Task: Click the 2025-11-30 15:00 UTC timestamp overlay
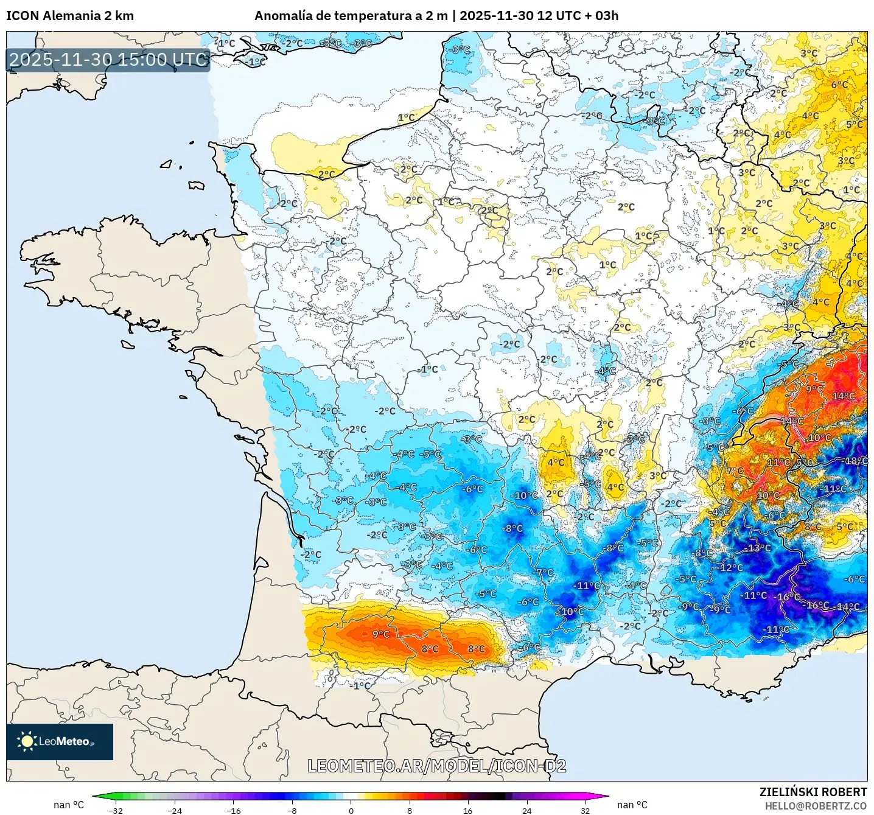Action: tap(108, 60)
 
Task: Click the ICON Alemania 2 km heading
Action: tap(70, 16)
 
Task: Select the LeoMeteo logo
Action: tap(60, 741)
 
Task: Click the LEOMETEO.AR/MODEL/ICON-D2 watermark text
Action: tap(437, 766)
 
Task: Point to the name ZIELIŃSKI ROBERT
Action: tap(813, 792)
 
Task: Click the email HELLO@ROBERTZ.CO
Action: tap(816, 806)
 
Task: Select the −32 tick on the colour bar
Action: tap(116, 810)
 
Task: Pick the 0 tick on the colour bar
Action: tap(351, 810)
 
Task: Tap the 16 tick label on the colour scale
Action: tap(467, 810)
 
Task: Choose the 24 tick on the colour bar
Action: tap(526, 810)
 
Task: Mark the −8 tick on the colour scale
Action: tap(292, 810)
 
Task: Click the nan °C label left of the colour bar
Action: tap(69, 805)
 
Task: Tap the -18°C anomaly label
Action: tap(855, 461)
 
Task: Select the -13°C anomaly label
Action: tap(758, 548)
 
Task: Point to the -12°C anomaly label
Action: tap(730, 567)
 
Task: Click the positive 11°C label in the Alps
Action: tap(778, 463)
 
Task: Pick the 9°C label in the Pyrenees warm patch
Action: tap(380, 634)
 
